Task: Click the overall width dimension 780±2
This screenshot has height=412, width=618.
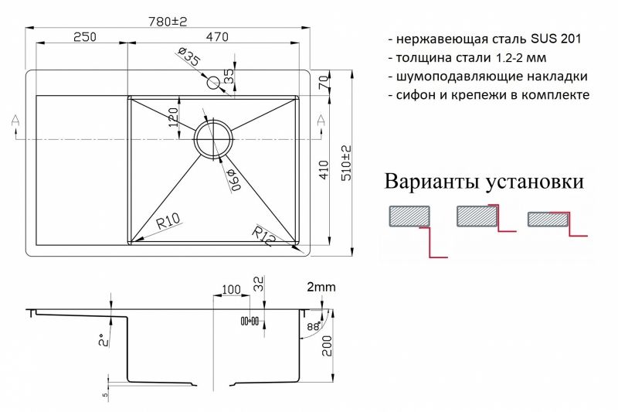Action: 168,22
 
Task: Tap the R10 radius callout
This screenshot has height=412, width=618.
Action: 168,223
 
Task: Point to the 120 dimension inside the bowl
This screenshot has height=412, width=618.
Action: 175,117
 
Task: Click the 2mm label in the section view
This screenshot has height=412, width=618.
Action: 321,287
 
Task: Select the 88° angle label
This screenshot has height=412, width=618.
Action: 313,325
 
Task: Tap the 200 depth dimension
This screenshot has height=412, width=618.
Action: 328,346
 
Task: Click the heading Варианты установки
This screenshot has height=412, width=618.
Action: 484,182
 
